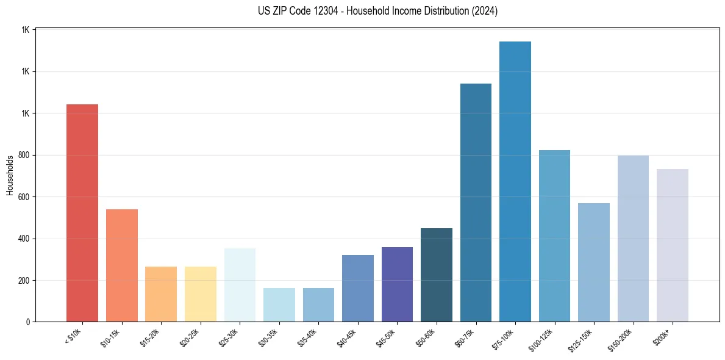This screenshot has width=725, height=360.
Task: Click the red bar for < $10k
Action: (82, 213)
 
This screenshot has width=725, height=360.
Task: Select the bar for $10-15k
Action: (121, 265)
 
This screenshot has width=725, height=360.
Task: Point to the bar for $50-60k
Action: (436, 275)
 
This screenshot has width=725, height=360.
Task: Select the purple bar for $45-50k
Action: (397, 284)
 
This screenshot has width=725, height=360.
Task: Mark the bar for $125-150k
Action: (593, 262)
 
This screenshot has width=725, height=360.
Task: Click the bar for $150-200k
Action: (633, 239)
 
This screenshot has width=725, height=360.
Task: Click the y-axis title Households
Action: (10, 175)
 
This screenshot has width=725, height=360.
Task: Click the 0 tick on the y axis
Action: (29, 322)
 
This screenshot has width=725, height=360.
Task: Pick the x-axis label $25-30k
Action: (229, 336)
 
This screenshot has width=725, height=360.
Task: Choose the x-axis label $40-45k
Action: (348, 336)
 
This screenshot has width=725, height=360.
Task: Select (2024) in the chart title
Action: (485, 11)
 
